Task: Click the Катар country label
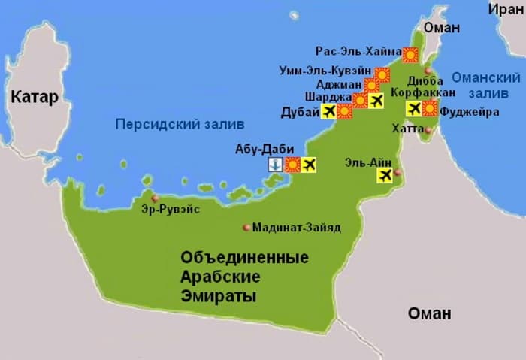coord(35,98)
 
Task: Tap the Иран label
coord(505,9)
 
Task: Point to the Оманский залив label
coord(485,85)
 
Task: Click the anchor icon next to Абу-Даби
coord(276,165)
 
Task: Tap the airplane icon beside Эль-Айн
coord(386,175)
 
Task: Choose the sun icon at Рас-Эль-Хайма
coord(410,54)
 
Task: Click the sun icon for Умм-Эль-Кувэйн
coord(382,74)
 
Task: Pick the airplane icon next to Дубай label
coord(328,111)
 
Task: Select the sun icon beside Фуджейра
coord(429,108)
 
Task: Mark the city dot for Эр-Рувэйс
coord(155,198)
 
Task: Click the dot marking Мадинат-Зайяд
coord(246,227)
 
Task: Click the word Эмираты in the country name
coord(219,296)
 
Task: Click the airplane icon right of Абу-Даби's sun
coord(308,165)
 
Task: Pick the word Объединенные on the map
coord(244,258)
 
